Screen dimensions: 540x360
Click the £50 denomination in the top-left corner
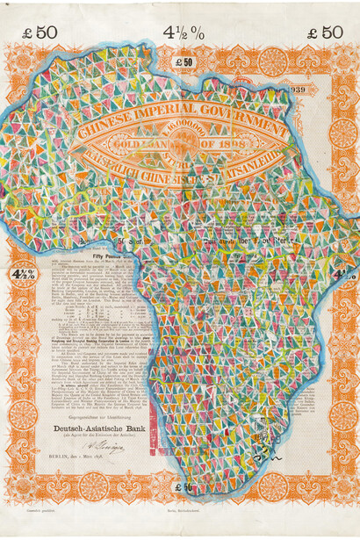[40, 32]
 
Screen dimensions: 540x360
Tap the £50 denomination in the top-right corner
[324, 32]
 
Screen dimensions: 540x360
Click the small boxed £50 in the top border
[184, 62]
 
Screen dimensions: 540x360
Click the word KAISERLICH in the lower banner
[108, 161]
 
